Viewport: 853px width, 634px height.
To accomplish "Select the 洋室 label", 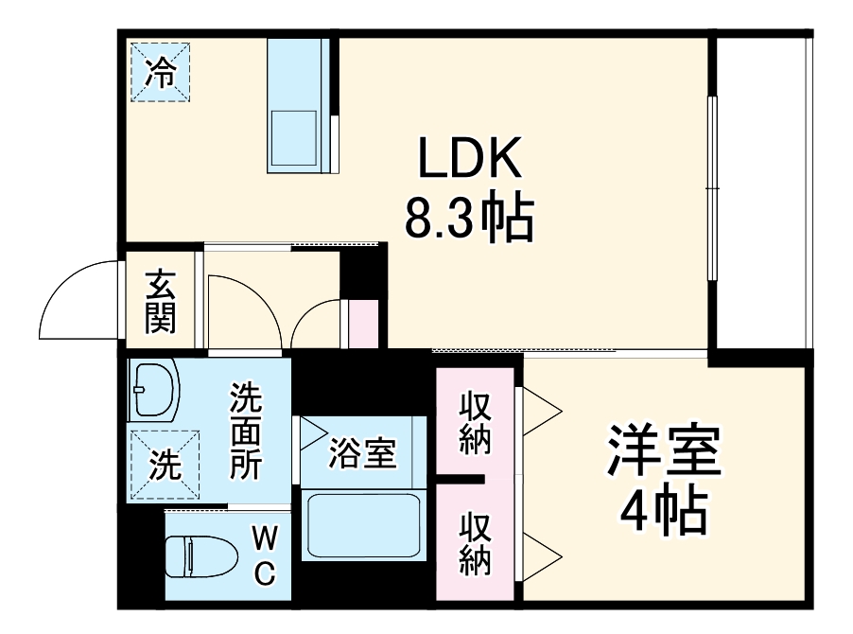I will pyautogui.click(x=665, y=453).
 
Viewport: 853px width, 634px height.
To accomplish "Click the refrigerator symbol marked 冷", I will pyautogui.click(x=161, y=71).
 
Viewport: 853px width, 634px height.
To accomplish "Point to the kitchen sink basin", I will pyautogui.click(x=295, y=138).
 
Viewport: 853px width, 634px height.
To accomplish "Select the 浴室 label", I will pyautogui.click(x=362, y=454).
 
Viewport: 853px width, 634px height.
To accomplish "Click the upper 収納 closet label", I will pyautogui.click(x=475, y=422).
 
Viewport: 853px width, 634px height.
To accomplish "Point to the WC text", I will pyautogui.click(x=265, y=555).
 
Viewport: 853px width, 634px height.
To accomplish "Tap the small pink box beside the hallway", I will pyautogui.click(x=363, y=325).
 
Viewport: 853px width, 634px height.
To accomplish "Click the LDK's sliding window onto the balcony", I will pyautogui.click(x=712, y=189).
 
